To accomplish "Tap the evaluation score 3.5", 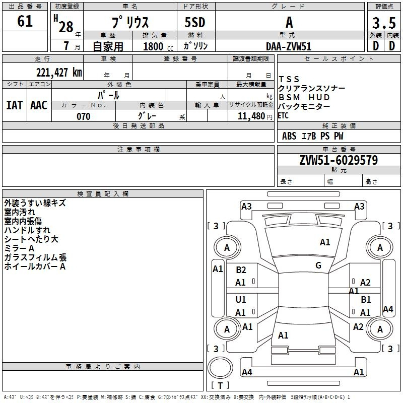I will point(383,23).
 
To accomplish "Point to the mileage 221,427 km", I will point(58,73).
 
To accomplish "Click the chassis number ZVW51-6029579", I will point(338,160).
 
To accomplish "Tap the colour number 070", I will point(83,116).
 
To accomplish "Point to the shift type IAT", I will point(14,105).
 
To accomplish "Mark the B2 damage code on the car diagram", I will point(241,270).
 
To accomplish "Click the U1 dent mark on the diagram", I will point(241,300).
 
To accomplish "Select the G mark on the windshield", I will point(318,265).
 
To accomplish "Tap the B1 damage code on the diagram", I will point(366,300).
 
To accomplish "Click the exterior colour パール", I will point(108,95).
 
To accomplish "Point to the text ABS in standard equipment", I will point(289,136).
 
